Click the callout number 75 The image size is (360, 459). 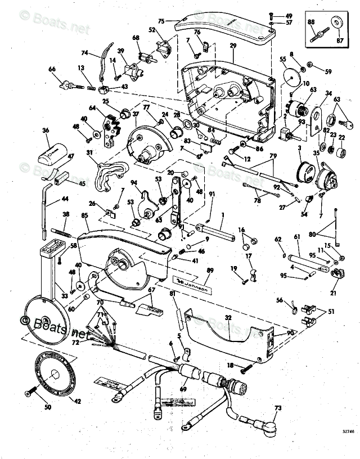tap(161, 21)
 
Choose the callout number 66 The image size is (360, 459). tap(52, 69)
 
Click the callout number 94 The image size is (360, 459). tap(134, 182)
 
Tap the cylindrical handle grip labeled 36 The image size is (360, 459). tap(55, 150)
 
